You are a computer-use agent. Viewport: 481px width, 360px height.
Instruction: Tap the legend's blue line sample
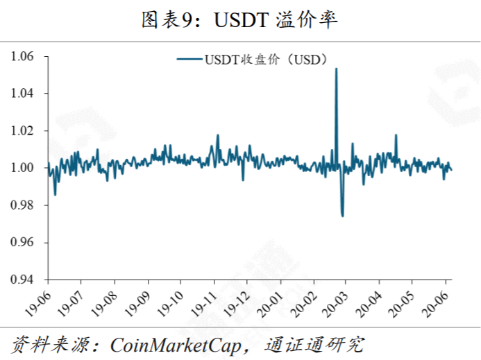point(189,60)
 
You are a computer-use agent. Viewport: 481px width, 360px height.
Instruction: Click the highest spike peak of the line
point(336,69)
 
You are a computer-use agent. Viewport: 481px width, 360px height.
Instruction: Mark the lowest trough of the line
point(342,216)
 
